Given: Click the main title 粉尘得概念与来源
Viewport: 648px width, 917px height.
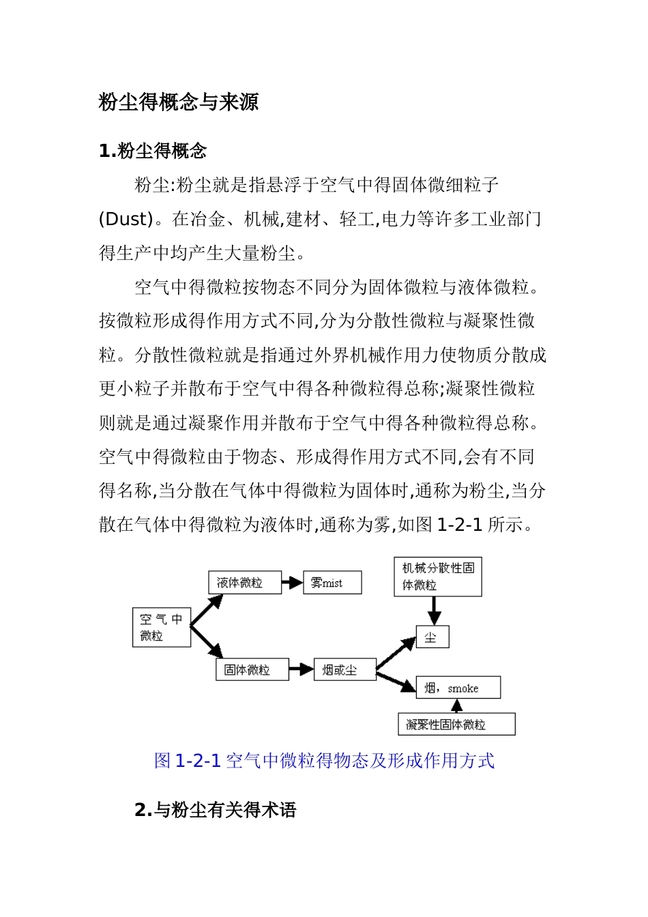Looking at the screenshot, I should pos(179,102).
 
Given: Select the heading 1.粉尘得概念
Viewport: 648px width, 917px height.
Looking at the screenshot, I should pos(153,151).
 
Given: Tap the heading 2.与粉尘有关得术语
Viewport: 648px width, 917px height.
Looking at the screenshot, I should pos(216,810).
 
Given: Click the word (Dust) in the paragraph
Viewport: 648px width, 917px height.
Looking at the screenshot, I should pos(126,219).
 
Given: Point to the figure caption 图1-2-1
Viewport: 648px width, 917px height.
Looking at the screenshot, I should pos(324,761).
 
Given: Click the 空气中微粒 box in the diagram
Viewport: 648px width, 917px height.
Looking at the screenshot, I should pos(161,628).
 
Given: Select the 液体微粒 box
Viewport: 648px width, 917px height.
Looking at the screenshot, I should pos(244,583).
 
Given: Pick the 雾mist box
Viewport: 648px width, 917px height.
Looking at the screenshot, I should pos(332,583).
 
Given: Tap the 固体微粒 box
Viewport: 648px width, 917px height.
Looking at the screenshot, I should pos(252,669).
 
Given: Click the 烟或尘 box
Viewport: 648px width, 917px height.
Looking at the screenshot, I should pos(344,669).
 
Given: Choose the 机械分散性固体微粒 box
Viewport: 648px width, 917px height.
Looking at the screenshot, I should pos(438,577).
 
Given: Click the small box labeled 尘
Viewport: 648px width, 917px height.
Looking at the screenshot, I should pos(432,637).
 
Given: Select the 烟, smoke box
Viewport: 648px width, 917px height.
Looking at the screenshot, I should pos(458,688).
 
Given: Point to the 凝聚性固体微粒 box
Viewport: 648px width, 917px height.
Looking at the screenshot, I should pos(456,725).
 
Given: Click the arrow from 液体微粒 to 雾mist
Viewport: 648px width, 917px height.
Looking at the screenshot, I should pos(292,583).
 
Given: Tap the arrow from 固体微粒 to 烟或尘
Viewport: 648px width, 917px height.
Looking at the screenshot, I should pos(301,669).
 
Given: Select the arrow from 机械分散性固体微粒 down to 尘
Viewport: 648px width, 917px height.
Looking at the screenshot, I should pos(435,610).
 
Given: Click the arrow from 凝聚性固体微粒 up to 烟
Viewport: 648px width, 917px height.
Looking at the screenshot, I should pos(456,706).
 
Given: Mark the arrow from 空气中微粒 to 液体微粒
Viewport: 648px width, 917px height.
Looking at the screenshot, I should pos(207,609).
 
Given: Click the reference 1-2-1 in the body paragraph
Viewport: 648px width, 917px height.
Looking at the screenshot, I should pos(459,525).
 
